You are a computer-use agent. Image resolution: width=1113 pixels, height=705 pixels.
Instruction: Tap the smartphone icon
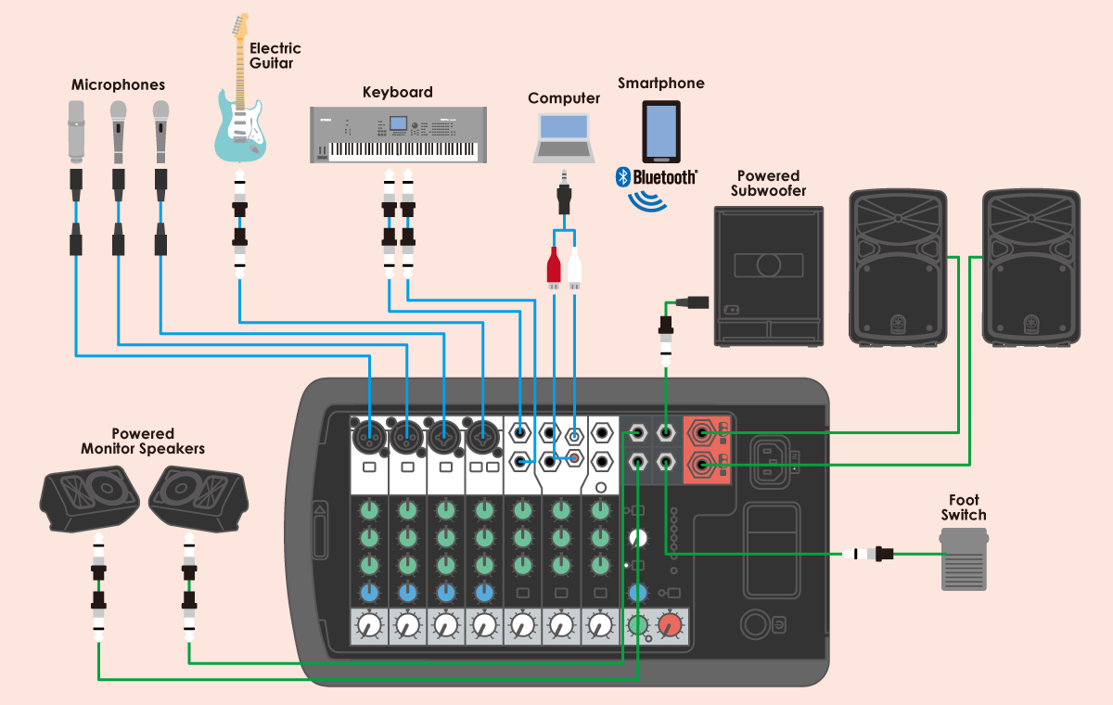point(661,131)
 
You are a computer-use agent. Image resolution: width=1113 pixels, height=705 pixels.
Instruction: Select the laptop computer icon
point(564,138)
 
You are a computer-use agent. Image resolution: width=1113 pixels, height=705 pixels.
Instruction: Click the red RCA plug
point(554,268)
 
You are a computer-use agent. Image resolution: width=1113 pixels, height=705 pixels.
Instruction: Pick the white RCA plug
point(575,268)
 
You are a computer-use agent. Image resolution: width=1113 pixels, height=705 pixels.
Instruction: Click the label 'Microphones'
point(118,85)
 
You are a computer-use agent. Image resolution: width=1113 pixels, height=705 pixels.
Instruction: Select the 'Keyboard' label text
point(397,93)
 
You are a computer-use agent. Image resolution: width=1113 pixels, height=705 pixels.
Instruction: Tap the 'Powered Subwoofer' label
point(768,184)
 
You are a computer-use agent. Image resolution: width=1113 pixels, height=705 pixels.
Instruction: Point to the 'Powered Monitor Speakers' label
point(143,442)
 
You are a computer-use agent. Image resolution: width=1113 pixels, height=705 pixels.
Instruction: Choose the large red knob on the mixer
point(669,626)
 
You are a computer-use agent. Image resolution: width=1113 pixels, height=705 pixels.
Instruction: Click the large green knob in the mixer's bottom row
point(637,626)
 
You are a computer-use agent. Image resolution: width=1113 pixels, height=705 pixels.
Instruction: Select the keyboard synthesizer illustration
point(397,135)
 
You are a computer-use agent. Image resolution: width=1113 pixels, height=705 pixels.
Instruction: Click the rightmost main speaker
point(1031,268)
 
